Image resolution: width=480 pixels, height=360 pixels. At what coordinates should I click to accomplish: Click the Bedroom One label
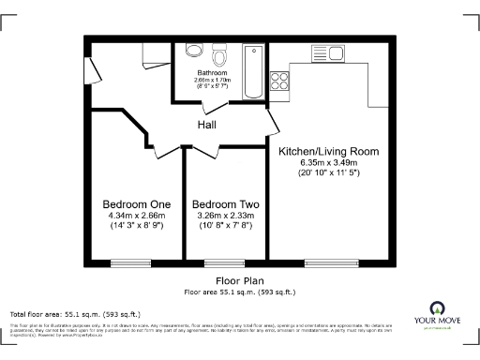pos(136,204)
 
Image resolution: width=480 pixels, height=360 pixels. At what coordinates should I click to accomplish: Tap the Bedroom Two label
pos(225,204)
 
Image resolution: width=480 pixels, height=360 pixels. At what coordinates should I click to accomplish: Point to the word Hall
pos(208,125)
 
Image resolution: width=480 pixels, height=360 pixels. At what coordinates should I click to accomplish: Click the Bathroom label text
pos(211,72)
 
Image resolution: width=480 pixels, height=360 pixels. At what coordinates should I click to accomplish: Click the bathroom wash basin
pos(194,52)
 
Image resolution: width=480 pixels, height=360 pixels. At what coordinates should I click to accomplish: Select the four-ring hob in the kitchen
pos(280,80)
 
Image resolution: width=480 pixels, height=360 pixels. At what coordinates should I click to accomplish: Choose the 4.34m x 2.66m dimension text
pos(136,215)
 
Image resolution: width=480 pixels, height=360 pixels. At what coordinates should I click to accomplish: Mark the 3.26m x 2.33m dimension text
pos(225,215)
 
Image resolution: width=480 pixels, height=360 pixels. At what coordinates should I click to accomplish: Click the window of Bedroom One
pos(124,261)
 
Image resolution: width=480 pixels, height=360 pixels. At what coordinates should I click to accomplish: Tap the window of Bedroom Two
pos(218,261)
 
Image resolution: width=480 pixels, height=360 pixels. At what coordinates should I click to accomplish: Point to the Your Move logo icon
pos(436,307)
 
